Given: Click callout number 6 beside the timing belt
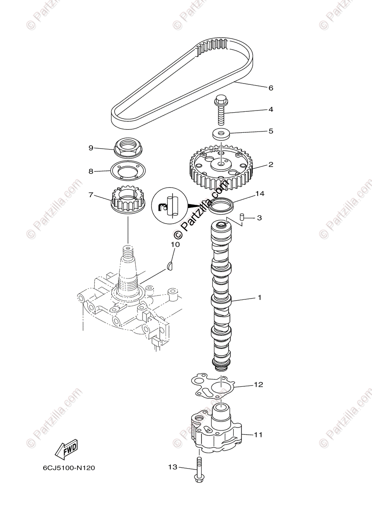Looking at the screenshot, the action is (270, 88).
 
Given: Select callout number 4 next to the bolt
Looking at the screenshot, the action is (270, 109).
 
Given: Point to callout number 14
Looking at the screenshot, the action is (260, 194).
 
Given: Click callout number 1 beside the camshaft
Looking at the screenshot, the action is (259, 297).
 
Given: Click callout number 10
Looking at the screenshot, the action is (175, 245).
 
